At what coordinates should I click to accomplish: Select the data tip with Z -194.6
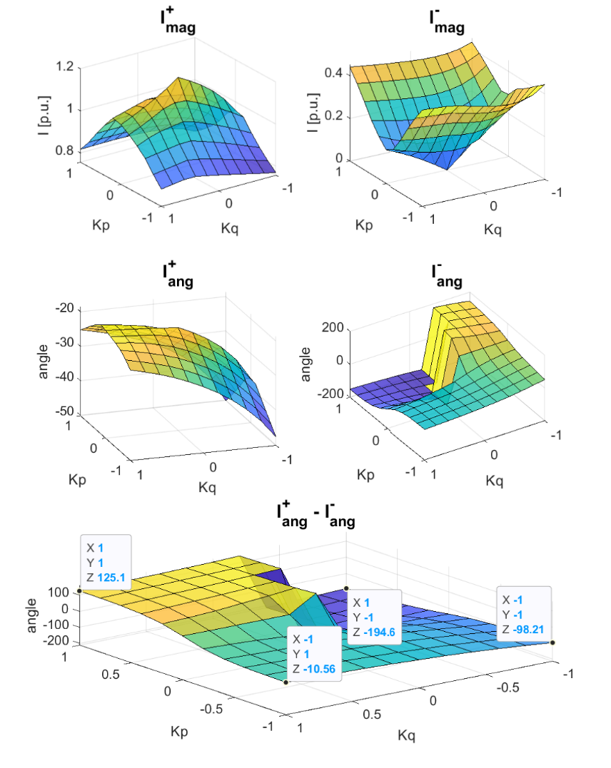tap(373, 617)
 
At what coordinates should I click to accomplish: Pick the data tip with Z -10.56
tap(314, 654)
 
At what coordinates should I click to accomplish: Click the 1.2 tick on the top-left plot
tap(64, 67)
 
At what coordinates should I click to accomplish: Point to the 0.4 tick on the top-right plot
tap(335, 72)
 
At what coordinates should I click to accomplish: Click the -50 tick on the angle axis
tap(66, 412)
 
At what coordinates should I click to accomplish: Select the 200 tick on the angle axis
tap(335, 328)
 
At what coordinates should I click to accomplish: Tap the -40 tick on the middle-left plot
tap(66, 379)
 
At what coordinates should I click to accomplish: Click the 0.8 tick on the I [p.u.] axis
tap(64, 150)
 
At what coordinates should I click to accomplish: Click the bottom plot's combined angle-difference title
tap(315, 516)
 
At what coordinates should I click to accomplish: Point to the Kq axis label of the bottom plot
tap(406, 735)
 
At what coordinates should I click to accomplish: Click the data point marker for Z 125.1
tap(80, 591)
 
